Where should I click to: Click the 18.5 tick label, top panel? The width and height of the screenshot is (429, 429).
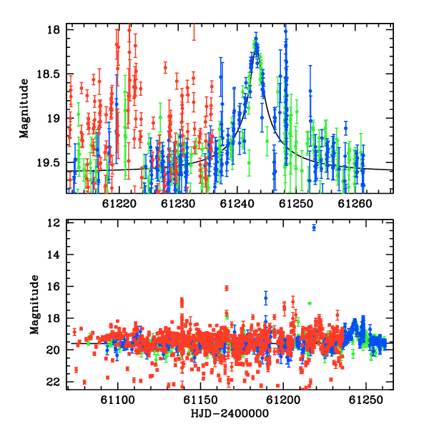pyautogui.click(x=48, y=74)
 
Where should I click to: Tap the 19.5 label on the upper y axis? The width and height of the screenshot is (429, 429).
pyautogui.click(x=48, y=163)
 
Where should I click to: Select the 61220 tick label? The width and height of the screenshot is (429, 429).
pyautogui.click(x=119, y=204)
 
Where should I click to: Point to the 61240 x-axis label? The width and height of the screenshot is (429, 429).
pyautogui.click(x=237, y=204)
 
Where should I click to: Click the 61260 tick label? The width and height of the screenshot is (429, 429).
pyautogui.click(x=355, y=204)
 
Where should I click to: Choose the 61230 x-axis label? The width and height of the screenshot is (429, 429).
pyautogui.click(x=178, y=204)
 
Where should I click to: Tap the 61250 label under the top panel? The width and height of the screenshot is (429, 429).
pyautogui.click(x=296, y=204)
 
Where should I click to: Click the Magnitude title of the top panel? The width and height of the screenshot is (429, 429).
pyautogui.click(x=24, y=109)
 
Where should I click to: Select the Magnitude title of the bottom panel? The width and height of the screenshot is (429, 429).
pyautogui.click(x=34, y=305)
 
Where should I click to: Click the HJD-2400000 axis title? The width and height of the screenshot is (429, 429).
pyautogui.click(x=230, y=413)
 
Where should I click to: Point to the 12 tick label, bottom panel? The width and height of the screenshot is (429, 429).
pyautogui.click(x=54, y=223)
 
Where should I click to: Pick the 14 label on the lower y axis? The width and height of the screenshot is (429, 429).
pyautogui.click(x=54, y=255)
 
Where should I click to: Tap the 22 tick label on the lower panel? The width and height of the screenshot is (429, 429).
pyautogui.click(x=54, y=382)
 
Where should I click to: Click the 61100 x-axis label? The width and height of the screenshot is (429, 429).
pyautogui.click(x=118, y=400)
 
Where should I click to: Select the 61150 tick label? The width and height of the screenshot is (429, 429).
pyautogui.click(x=200, y=400)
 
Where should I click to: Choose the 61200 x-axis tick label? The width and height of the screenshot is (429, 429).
pyautogui.click(x=283, y=400)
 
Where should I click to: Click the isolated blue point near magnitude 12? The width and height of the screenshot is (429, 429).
pyautogui.click(x=314, y=227)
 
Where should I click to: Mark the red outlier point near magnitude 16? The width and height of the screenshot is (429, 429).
pyautogui.click(x=227, y=288)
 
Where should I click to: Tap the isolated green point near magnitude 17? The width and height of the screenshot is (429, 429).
pyautogui.click(x=310, y=303)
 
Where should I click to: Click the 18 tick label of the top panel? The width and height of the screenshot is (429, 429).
pyautogui.click(x=54, y=29)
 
